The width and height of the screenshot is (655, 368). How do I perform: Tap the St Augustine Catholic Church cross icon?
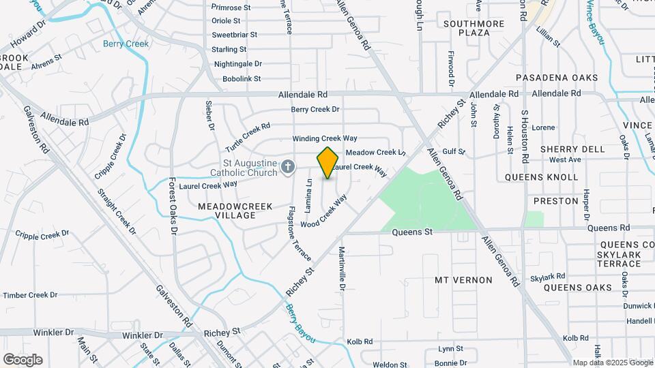pos(289,166)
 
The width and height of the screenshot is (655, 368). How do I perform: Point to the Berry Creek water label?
pos(126,44)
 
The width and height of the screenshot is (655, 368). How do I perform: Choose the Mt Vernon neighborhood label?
pos(463,280)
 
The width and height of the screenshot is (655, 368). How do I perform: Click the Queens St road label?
pos(412,232)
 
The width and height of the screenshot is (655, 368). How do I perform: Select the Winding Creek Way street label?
pos(325,138)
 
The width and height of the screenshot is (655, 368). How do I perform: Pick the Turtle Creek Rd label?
pos(248,137)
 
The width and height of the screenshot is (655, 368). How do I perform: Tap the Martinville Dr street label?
pos(343,269)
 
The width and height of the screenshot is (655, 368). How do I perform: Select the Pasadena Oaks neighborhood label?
pos(557,78)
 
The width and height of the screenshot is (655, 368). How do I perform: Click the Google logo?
pos(23,359)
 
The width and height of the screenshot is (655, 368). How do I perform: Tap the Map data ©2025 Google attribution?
pos(612,363)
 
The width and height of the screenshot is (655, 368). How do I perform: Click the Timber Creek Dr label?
pos(30,295)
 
